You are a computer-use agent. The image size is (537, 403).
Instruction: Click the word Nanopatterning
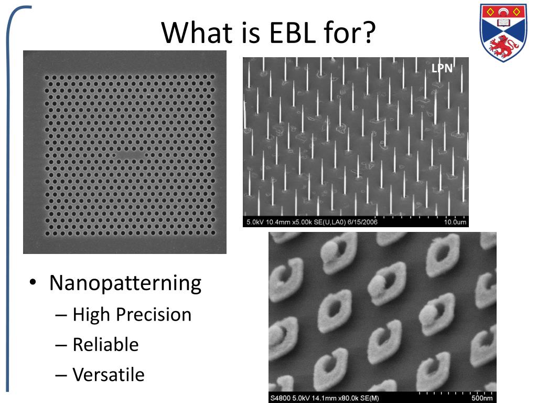[125, 283]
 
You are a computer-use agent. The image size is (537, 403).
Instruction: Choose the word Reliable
[105, 344]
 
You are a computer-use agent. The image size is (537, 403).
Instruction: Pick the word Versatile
[109, 374]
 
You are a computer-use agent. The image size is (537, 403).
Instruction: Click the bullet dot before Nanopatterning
[33, 282]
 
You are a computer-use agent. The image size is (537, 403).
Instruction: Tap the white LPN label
[442, 68]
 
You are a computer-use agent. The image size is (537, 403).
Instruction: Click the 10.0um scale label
[455, 222]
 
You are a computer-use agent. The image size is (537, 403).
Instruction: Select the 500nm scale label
[482, 398]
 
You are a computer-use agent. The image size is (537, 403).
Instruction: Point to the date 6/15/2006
[362, 222]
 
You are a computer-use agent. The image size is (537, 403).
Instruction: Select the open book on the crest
[503, 23]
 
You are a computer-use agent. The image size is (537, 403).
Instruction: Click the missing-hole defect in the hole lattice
[131, 155]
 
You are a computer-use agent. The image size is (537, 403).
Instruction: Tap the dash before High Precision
[61, 315]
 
